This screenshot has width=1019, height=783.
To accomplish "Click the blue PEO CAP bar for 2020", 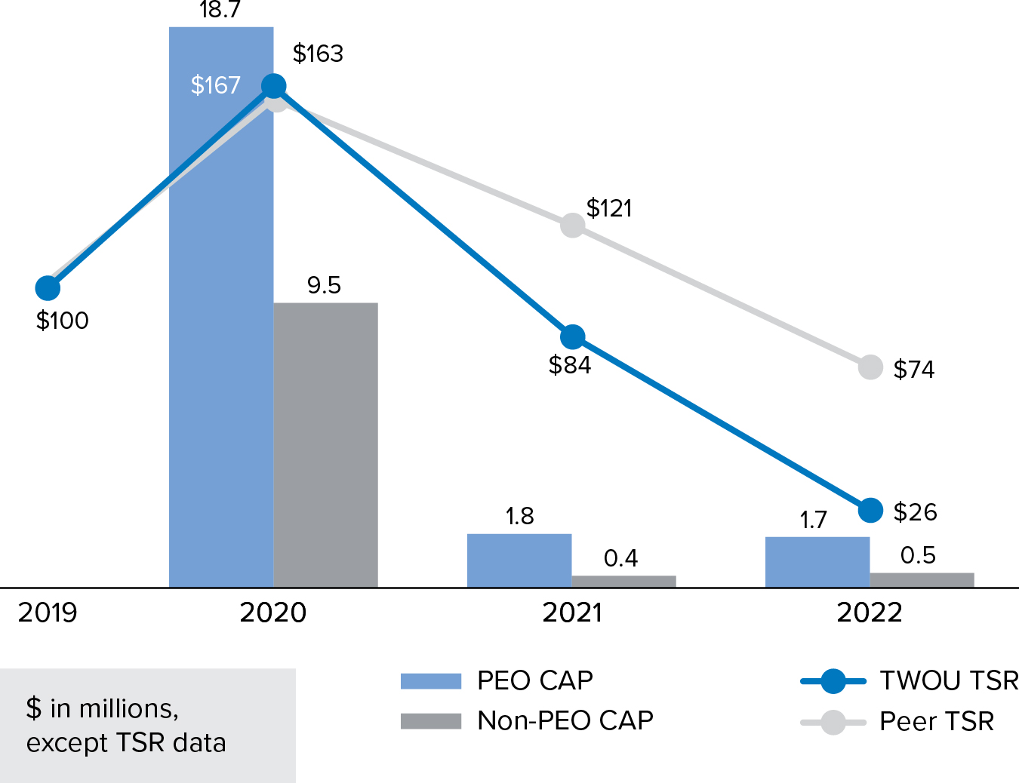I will [x=220, y=339].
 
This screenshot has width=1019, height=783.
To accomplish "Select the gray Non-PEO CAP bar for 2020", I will [x=325, y=445].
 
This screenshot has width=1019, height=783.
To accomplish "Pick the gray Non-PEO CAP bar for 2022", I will [x=922, y=579].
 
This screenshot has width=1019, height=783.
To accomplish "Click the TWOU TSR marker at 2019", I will [x=48, y=287].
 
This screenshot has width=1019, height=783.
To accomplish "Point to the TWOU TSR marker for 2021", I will [x=573, y=336].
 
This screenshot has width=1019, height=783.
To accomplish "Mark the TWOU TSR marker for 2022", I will [x=870, y=510].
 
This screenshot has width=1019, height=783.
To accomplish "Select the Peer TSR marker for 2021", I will [x=573, y=225].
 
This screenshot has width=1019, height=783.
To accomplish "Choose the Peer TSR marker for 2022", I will [x=870, y=367].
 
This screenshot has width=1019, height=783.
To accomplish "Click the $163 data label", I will [x=318, y=54].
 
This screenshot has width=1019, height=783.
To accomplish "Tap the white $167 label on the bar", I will [x=215, y=85].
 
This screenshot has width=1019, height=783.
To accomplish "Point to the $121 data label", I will [x=609, y=208].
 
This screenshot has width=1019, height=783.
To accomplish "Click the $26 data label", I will [x=915, y=512].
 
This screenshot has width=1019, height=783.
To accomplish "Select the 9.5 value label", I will [x=324, y=285].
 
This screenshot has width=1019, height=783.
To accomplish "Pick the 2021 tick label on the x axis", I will [x=572, y=613].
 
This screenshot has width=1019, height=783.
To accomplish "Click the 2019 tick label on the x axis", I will [x=48, y=613].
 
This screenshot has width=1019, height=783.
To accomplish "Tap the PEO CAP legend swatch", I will [x=430, y=681].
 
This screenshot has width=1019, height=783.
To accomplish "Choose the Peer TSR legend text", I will [x=937, y=722].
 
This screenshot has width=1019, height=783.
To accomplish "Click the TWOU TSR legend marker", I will [x=833, y=681].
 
